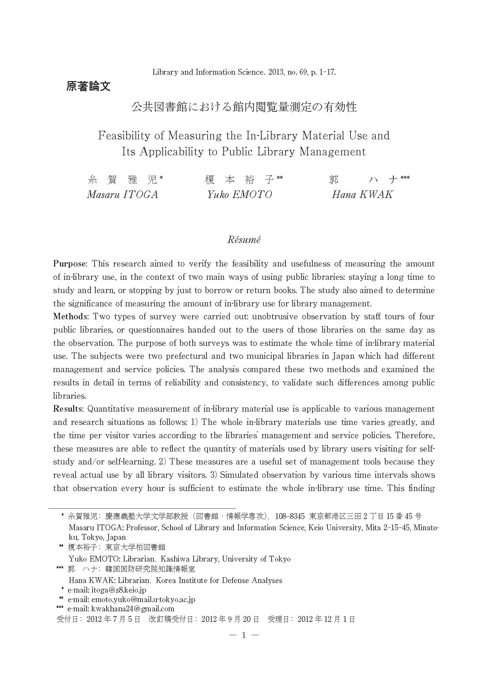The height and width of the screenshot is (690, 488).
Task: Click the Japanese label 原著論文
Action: point(88,86)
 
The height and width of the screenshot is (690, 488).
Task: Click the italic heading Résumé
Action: point(244,240)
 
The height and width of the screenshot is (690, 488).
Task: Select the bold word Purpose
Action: point(70,264)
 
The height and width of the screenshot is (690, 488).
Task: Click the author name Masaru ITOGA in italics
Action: point(123,195)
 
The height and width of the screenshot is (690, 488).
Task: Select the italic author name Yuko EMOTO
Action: point(240,195)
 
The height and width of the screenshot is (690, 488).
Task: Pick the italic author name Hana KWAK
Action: point(362,195)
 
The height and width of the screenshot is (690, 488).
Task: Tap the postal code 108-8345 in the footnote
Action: point(290,516)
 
